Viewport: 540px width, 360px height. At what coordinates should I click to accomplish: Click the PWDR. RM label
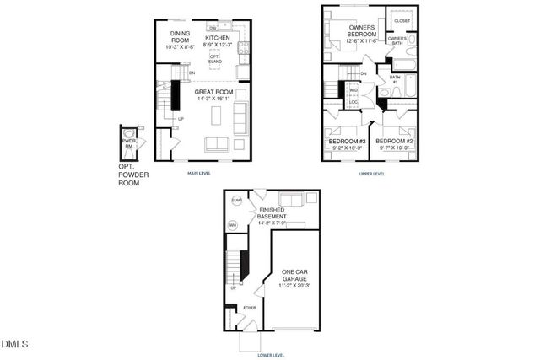[129, 144]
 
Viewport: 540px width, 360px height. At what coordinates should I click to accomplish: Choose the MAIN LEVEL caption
[199, 174]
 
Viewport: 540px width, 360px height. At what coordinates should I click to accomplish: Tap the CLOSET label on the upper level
[402, 20]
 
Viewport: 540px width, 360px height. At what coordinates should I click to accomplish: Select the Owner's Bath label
[397, 40]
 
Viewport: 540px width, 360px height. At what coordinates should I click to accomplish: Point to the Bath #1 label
[394, 79]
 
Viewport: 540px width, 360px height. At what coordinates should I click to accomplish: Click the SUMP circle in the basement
[236, 201]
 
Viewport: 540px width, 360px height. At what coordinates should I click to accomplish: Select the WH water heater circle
[234, 225]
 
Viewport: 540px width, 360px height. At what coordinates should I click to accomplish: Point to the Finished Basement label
[278, 215]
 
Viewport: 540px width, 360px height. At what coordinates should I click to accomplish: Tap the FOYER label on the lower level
[250, 309]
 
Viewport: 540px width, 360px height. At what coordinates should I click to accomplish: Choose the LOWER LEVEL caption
[272, 355]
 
